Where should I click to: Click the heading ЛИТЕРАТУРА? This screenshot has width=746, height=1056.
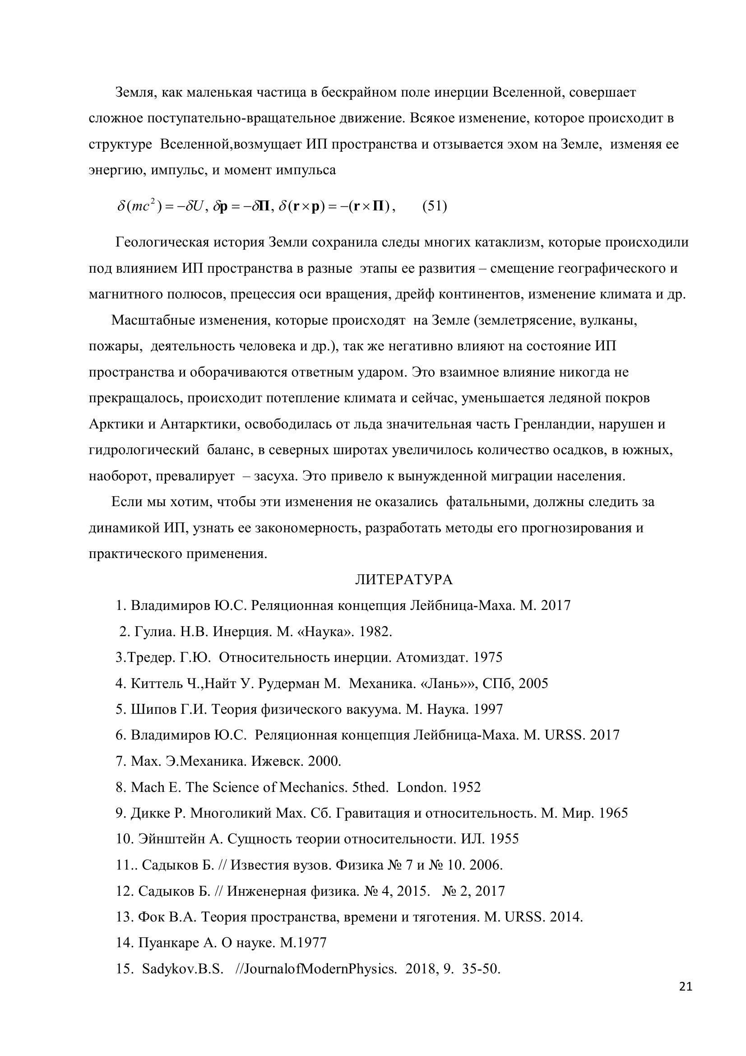tap(403, 580)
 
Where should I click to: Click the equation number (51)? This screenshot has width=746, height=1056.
tap(434, 205)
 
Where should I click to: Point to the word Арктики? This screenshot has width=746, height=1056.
tap(116, 424)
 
